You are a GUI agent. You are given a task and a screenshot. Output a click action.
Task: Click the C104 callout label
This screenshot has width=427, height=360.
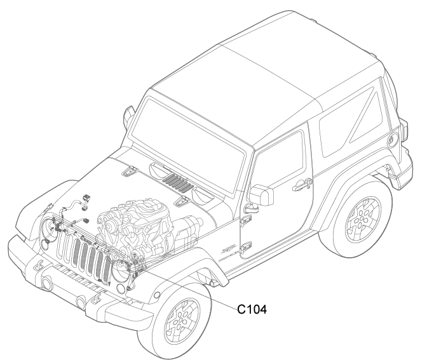pos(252,309)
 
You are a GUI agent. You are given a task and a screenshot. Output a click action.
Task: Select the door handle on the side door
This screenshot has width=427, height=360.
pos(302,185)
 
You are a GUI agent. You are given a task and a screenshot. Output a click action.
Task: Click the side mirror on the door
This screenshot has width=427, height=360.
pos(261,196)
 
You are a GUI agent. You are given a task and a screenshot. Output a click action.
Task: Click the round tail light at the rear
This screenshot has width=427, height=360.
pos(393,140)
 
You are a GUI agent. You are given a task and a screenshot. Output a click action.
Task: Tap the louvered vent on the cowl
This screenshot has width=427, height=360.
pos(178,182)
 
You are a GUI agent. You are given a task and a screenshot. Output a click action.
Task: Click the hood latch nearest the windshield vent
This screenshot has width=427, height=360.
pos(182,201)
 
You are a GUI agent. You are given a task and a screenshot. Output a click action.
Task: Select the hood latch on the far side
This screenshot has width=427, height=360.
pos(130,171)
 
